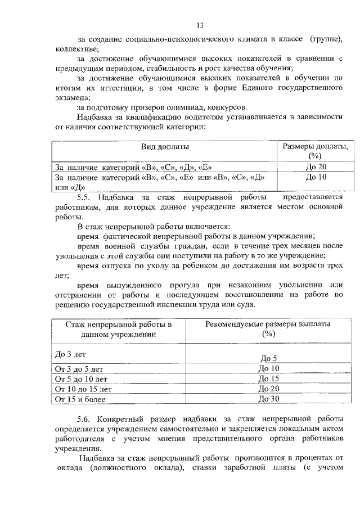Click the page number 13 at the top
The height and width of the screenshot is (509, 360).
pyautogui.click(x=200, y=25)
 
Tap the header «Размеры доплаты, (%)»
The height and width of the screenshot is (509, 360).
pyautogui.click(x=314, y=151)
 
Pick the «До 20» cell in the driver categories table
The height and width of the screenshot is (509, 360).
pyautogui.click(x=315, y=166)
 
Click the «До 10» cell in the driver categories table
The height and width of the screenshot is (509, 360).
pyautogui.click(x=315, y=177)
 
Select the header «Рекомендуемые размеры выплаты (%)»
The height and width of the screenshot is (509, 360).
pyautogui.click(x=268, y=329)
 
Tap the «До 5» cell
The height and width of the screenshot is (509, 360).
pyautogui.click(x=268, y=358)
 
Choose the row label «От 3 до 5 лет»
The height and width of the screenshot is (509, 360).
pyautogui.click(x=79, y=369)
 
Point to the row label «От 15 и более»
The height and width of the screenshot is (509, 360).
pyautogui.click(x=79, y=400)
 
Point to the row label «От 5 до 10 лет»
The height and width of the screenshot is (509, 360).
pyautogui.click(x=80, y=379)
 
